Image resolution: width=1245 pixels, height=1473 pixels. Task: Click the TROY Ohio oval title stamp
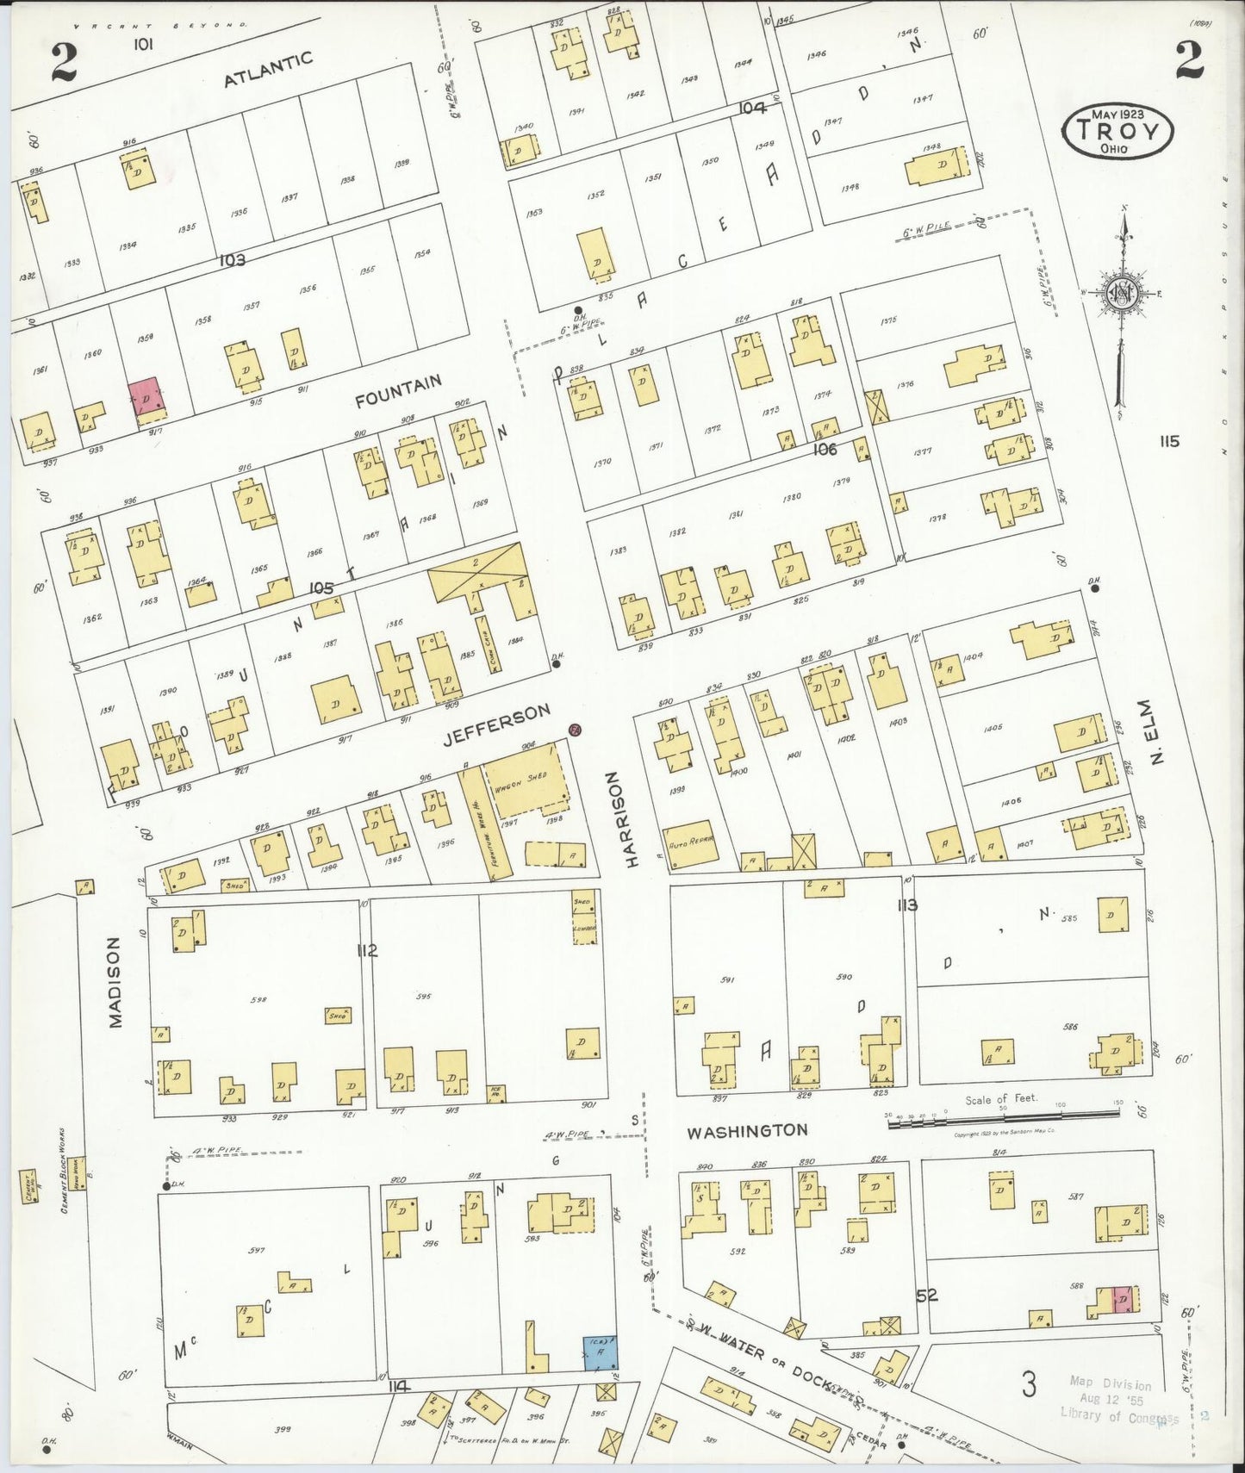(1117, 131)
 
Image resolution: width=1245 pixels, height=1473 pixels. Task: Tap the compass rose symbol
(1123, 294)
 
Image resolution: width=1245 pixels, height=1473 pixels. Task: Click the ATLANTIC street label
(268, 70)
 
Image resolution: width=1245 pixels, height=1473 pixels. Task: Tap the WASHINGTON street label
(747, 1131)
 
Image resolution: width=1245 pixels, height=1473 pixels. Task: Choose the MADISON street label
(115, 982)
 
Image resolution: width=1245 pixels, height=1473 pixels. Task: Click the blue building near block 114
(600, 1352)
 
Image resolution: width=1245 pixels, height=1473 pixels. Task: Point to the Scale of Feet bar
(1005, 1115)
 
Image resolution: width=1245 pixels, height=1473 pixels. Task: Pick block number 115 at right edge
(1168, 442)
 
